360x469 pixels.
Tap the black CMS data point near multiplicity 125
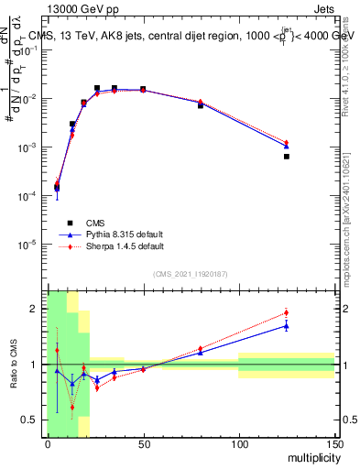[287, 157]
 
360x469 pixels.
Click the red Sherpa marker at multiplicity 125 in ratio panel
[287, 312]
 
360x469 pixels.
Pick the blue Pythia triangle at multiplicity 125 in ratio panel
[287, 325]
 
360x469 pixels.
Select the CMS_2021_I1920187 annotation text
[191, 274]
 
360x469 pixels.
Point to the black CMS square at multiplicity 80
[201, 105]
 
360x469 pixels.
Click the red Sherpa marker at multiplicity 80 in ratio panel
[201, 349]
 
